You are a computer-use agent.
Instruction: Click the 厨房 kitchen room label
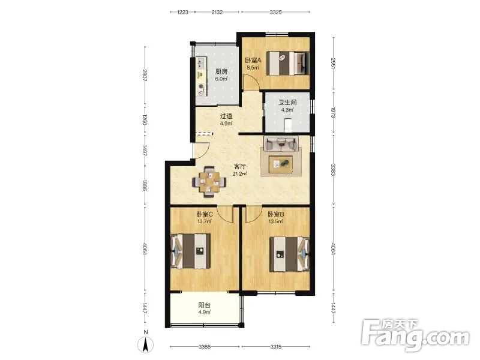point(221,71)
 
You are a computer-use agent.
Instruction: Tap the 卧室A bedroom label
point(253,61)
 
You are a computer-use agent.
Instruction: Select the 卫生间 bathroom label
point(287,103)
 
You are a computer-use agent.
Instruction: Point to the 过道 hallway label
point(226,116)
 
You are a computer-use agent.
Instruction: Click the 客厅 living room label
point(239,167)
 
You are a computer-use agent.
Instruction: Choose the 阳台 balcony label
point(204,305)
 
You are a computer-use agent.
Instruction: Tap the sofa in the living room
point(281,144)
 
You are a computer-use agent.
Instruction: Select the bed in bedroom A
point(288,64)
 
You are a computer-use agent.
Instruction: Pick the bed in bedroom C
point(190,251)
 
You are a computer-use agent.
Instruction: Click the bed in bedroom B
point(290,254)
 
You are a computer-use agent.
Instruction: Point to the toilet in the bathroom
point(289,125)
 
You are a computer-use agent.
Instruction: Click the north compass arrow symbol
point(146,344)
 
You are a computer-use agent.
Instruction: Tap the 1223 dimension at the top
point(183,12)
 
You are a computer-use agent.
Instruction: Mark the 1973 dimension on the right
point(334,113)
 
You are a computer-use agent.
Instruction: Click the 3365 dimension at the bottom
point(204,347)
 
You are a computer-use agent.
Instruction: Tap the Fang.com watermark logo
point(415,335)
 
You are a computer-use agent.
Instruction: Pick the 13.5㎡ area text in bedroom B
point(275,221)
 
